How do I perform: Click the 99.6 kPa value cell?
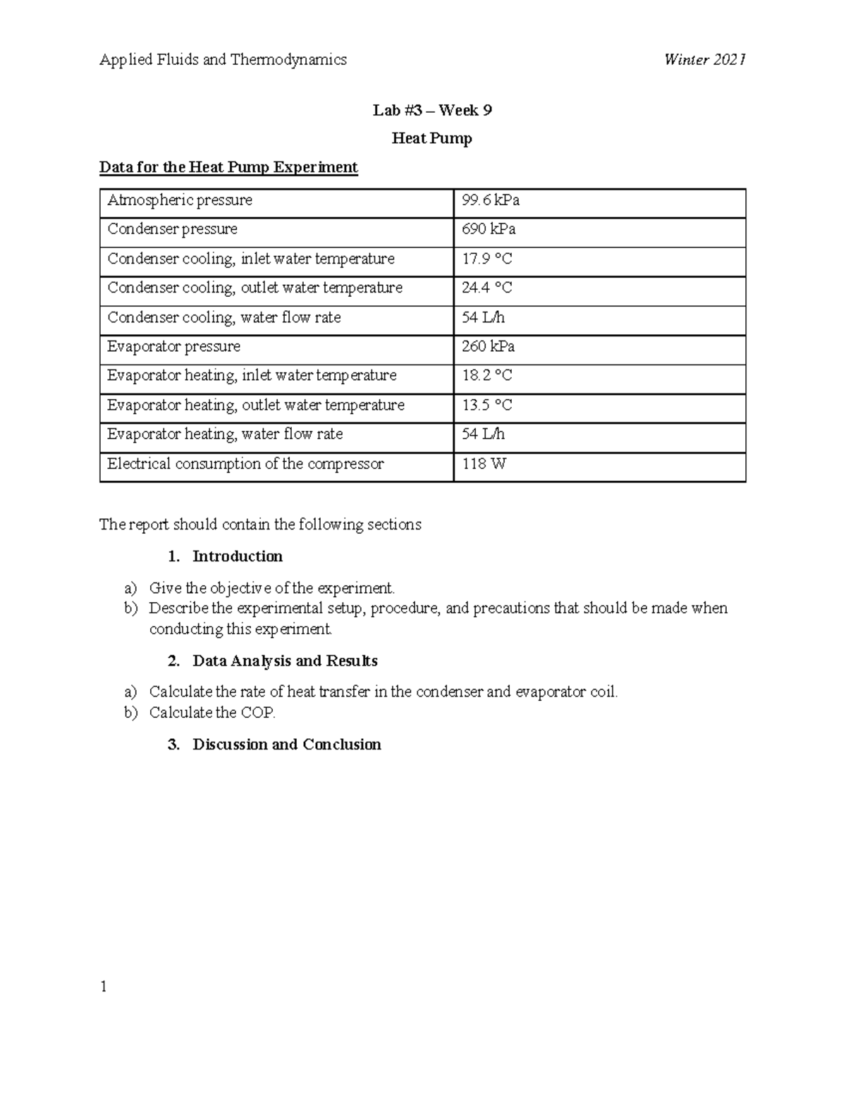491,201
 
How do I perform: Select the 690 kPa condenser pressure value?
489,230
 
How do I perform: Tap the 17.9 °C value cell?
487,259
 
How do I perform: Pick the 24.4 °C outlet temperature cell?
487,288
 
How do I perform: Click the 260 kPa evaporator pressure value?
489,347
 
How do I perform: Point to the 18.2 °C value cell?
487,376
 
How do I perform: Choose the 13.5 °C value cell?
487,405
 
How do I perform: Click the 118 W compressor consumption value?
484,464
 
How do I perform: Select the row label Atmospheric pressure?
180,201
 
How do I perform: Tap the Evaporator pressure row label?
174,347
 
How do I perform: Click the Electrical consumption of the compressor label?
245,464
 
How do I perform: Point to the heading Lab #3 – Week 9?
432,111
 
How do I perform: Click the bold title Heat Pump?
431,139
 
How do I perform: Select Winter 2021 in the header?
704,60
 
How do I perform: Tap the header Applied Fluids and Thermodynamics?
223,60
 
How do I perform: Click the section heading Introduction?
238,557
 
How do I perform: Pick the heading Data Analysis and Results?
285,661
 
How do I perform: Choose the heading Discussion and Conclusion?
286,745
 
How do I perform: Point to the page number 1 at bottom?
104,987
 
